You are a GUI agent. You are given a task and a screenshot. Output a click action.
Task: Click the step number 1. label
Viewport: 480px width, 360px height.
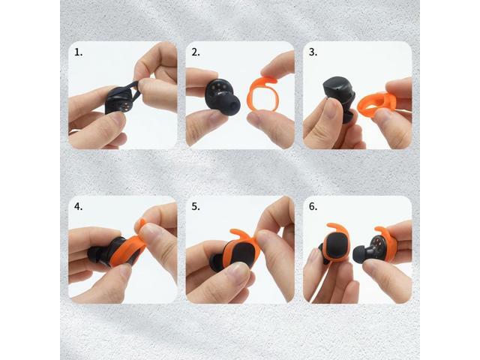[x=78, y=52]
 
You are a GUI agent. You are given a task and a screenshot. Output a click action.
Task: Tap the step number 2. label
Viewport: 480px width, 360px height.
[x=196, y=52]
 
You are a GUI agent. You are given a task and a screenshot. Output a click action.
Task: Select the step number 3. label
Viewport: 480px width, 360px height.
[x=313, y=52]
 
